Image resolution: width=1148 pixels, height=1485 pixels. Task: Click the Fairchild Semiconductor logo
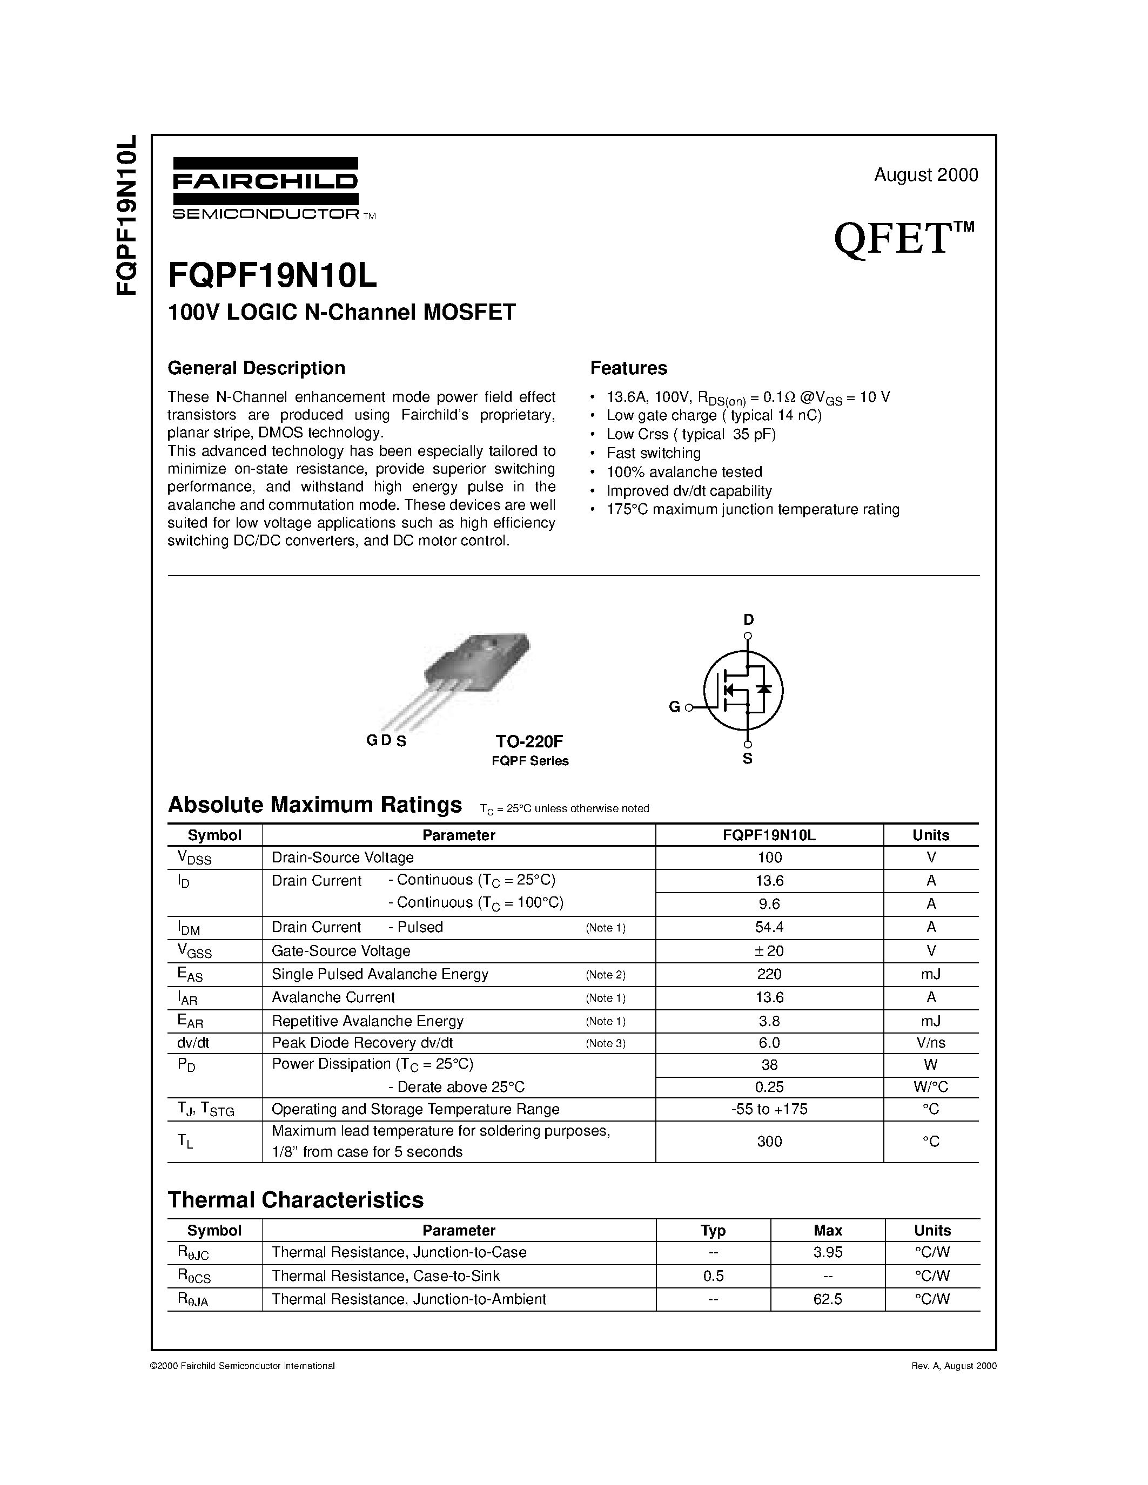coord(265,188)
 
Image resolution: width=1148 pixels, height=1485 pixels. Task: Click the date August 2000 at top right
coord(925,175)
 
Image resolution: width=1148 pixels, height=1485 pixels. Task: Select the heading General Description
coord(257,368)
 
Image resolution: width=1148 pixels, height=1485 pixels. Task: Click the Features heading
coord(628,368)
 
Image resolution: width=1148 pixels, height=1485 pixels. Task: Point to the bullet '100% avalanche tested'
coord(683,472)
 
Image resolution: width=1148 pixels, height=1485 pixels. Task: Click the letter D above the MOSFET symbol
coord(748,619)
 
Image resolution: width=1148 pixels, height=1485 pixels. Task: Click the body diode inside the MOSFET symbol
coord(764,689)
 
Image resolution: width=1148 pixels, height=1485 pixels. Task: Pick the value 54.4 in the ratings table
coord(769,927)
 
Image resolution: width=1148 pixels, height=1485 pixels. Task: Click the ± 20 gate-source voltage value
coord(769,950)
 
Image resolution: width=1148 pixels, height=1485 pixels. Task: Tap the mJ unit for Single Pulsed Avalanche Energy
coord(930,974)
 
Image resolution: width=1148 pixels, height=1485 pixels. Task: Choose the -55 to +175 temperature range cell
coord(769,1109)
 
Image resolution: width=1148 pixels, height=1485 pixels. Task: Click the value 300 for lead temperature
coord(769,1141)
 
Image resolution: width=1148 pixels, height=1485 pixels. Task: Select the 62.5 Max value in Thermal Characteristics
coord(828,1299)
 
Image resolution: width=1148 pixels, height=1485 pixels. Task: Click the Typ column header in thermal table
coord(713,1230)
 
